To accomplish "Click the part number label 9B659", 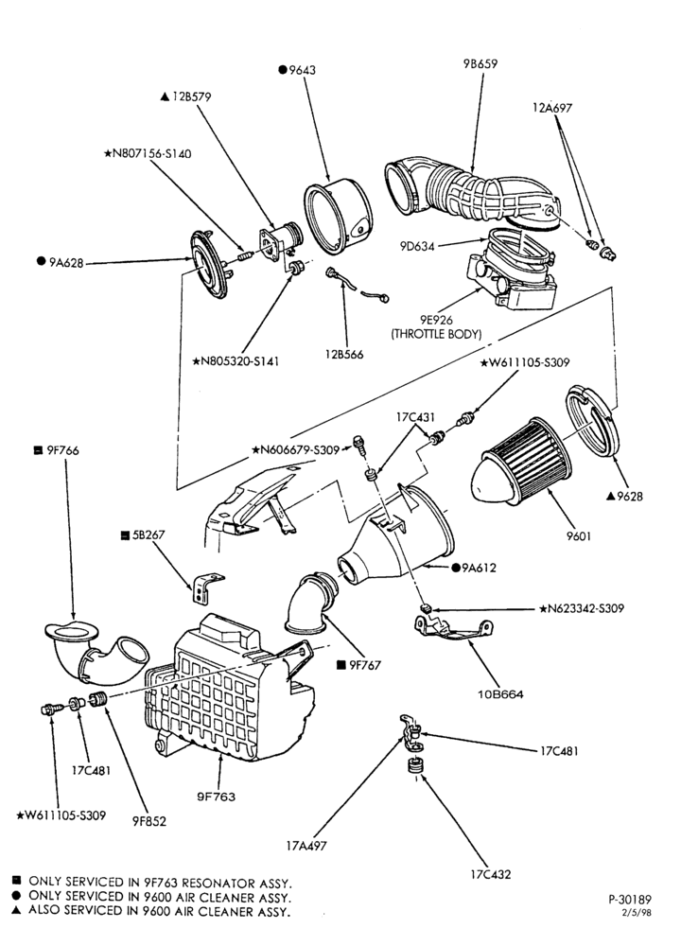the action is (480, 63).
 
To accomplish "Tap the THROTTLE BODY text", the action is (437, 334).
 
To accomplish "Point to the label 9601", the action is (579, 535).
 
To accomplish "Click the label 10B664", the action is (500, 693).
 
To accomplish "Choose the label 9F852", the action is (149, 821).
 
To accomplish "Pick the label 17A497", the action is (306, 846).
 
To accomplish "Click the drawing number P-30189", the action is (630, 900).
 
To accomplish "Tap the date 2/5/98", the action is (637, 912).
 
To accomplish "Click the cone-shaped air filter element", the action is (520, 462).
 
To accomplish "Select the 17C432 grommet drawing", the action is (413, 766).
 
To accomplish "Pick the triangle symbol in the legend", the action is (16, 910).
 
